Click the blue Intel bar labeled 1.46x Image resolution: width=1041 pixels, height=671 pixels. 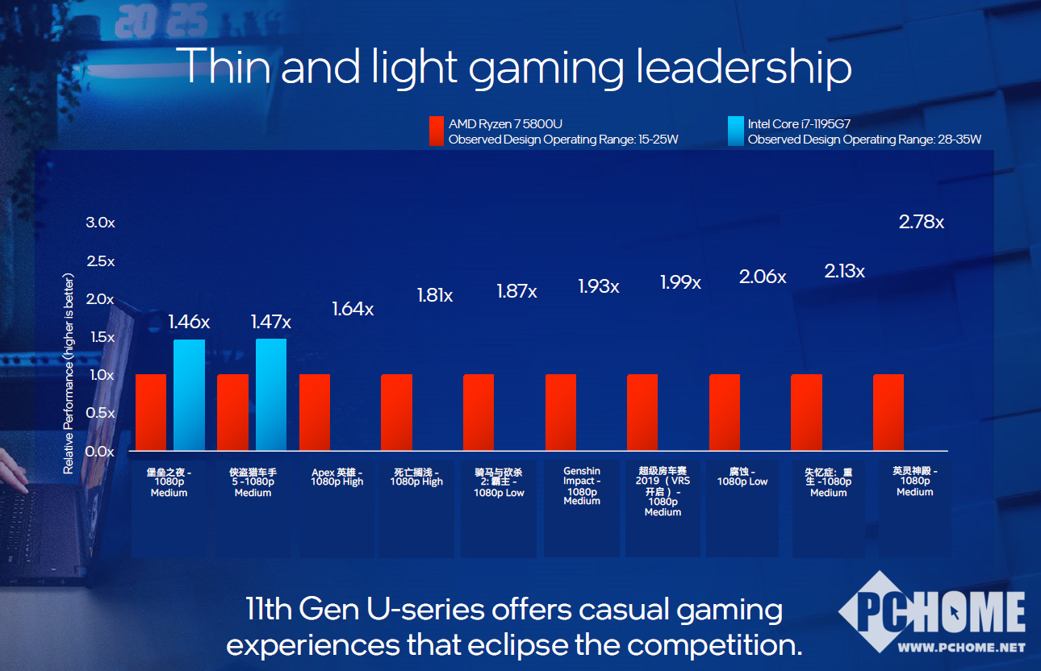(x=190, y=395)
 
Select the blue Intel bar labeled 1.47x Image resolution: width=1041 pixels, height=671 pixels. (x=271, y=394)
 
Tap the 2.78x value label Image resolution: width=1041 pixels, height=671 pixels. (x=922, y=222)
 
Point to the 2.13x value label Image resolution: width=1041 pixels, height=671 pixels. (x=844, y=272)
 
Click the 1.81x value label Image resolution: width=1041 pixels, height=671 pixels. (x=435, y=296)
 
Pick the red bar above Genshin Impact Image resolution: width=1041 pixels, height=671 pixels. (x=561, y=412)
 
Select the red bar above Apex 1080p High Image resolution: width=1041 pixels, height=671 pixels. (x=315, y=412)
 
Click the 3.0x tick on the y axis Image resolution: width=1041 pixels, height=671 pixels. (x=101, y=223)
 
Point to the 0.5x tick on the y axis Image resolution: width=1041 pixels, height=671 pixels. (x=101, y=413)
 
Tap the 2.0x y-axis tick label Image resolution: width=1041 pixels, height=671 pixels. (x=101, y=299)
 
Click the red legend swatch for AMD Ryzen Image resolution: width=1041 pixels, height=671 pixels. (x=436, y=131)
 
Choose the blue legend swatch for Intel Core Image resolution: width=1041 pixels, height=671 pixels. (x=735, y=131)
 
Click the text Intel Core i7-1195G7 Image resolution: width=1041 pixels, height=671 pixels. (x=799, y=124)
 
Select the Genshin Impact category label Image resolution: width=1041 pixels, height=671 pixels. (x=582, y=486)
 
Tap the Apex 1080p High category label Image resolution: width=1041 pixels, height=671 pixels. (x=337, y=477)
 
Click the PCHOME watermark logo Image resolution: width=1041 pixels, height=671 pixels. (x=933, y=613)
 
